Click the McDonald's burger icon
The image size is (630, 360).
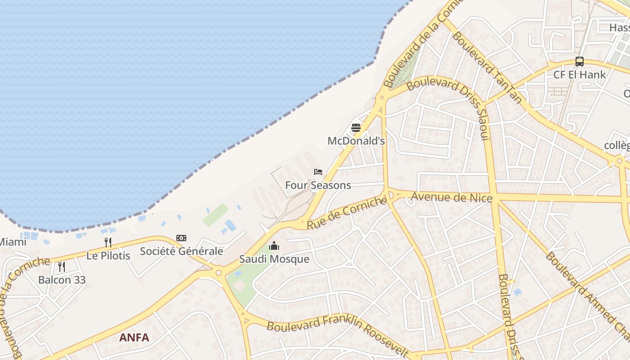click(356, 128)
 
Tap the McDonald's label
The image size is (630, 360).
click(356, 141)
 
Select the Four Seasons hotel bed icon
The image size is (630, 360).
click(318, 172)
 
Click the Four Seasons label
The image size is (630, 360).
click(318, 185)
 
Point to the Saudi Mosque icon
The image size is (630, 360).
click(274, 246)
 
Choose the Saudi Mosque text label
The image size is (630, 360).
click(274, 259)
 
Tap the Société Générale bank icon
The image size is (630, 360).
click(181, 238)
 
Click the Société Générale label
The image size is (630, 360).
click(181, 251)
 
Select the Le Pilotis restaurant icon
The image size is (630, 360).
click(108, 243)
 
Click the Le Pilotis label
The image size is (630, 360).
click(108, 256)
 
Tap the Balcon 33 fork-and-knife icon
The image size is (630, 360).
click(62, 266)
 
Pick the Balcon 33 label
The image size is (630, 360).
click(62, 279)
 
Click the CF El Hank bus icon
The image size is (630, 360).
click(580, 62)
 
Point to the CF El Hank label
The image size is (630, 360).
click(580, 75)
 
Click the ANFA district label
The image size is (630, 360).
click(134, 337)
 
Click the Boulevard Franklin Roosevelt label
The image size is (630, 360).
click(337, 335)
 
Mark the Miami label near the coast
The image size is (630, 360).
click(13, 242)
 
